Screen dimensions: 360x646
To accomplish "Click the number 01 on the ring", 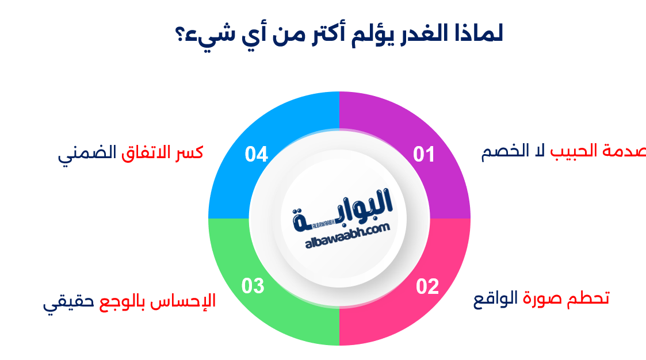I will click(425, 155).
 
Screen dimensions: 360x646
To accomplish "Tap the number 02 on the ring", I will click(427, 286).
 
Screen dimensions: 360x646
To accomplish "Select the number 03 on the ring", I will click(253, 286).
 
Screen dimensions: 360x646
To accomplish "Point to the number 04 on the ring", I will click(256, 155).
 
